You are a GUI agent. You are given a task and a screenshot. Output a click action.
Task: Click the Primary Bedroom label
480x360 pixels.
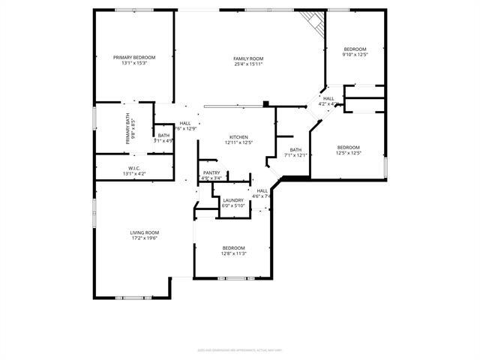coord(134,58)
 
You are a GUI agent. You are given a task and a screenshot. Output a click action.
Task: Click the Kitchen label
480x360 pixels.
coord(238,136)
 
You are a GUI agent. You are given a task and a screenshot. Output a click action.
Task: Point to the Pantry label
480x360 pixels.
coord(211,172)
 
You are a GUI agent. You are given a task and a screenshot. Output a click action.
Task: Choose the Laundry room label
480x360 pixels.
coord(233,200)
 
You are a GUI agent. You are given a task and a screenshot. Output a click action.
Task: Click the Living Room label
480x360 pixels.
coord(145,232)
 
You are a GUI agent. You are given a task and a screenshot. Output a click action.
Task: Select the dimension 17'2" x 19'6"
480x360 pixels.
coord(145,238)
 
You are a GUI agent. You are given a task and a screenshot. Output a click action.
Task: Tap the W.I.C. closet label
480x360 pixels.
coord(134,167)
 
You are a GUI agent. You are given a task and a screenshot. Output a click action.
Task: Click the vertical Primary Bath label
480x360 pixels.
coord(128,128)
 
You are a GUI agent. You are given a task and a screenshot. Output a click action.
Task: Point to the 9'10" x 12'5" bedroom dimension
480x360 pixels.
coord(355,54)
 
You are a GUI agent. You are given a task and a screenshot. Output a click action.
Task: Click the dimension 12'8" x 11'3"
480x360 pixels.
coord(233,253)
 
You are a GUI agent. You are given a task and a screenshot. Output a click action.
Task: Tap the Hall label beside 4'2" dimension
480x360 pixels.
coord(328,98)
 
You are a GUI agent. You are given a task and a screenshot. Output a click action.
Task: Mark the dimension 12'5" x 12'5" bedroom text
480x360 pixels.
coord(349,153)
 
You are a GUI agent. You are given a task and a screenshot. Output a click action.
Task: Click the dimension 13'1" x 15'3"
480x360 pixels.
coord(134,64)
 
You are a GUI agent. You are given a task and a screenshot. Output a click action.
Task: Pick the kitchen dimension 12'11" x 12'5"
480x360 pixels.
coord(238,142)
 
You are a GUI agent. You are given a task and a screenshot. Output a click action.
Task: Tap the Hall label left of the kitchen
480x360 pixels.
coord(185,123)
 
